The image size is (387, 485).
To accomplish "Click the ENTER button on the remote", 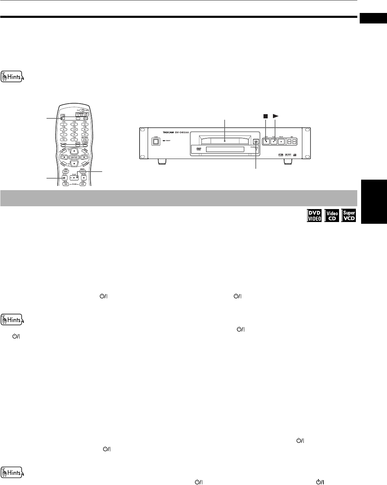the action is tap(74, 157).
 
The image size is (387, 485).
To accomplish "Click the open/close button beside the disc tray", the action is tap(256, 141).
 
